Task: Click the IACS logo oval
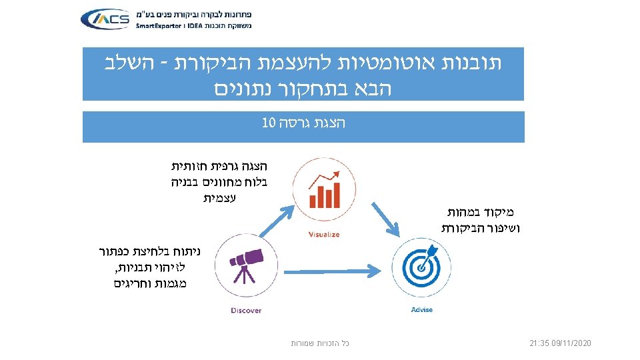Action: click(x=105, y=19)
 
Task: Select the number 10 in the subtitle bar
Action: click(x=269, y=123)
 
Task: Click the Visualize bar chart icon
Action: click(x=323, y=189)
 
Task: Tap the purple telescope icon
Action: click(x=246, y=265)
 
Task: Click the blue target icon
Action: click(x=421, y=265)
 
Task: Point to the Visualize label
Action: click(x=324, y=234)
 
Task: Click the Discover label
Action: click(x=246, y=310)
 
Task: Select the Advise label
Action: click(x=421, y=309)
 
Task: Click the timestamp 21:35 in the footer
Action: click(x=539, y=343)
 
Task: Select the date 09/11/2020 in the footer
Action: click(x=571, y=343)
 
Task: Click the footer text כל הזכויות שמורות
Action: click(x=320, y=343)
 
